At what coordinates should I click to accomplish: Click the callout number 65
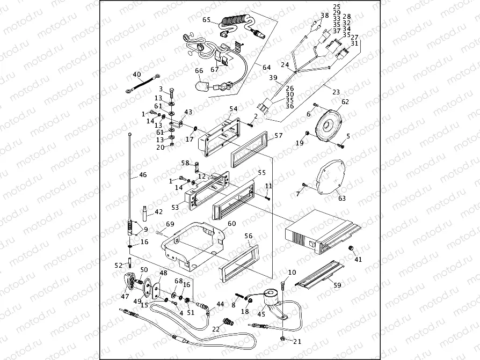coord(207,20)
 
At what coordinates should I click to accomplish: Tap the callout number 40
coord(137,75)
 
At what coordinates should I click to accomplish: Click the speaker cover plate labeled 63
coord(329,177)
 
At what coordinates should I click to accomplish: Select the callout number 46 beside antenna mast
coord(142,175)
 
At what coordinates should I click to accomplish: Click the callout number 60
coord(232,223)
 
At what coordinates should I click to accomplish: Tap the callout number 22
coord(216,329)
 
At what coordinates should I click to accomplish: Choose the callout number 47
coord(125,296)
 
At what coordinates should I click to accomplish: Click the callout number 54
coord(233,109)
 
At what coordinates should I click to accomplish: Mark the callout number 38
coord(324,15)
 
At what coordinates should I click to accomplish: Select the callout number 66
coord(199,70)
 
